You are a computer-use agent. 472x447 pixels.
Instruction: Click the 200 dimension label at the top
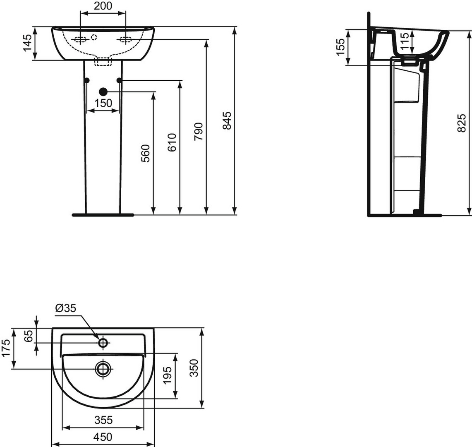(x=103, y=6)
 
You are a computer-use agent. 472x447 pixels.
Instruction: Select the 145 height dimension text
(x=27, y=43)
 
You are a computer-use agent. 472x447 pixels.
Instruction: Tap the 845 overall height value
(x=227, y=120)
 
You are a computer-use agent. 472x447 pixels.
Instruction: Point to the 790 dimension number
(x=199, y=131)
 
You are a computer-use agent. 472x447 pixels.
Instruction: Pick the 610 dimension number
(x=172, y=142)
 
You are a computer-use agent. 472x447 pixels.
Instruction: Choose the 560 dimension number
(x=145, y=153)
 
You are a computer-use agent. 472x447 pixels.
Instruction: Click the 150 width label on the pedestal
(x=103, y=103)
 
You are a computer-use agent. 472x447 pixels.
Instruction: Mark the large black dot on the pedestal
(x=103, y=91)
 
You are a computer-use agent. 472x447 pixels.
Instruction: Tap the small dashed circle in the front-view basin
(x=94, y=37)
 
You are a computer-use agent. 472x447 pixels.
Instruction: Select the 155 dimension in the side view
(x=340, y=47)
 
